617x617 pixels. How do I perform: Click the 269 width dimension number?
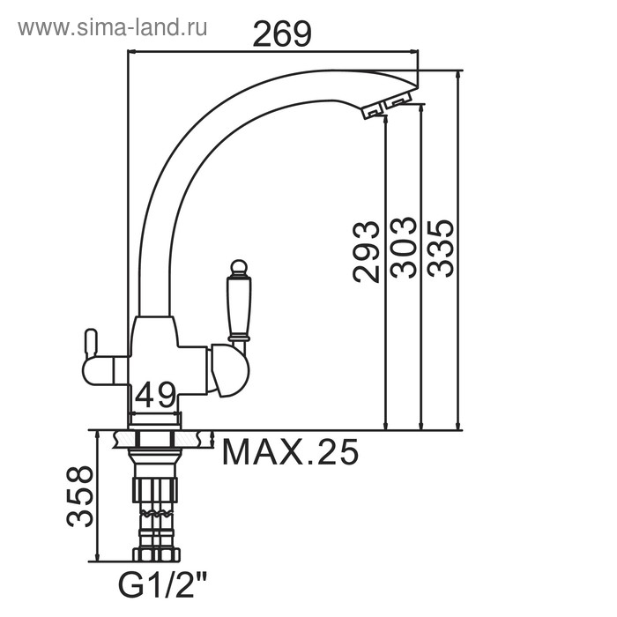click(282, 33)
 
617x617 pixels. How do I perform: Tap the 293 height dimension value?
click(366, 252)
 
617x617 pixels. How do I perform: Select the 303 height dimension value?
click(403, 248)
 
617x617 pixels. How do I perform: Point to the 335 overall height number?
click(441, 248)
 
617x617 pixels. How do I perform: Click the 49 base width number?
click(155, 395)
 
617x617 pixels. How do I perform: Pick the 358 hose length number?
click(80, 496)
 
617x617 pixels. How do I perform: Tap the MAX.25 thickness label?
click(290, 452)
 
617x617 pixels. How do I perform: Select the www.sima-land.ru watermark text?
click(113, 28)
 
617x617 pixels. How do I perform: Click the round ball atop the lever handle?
click(239, 267)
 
